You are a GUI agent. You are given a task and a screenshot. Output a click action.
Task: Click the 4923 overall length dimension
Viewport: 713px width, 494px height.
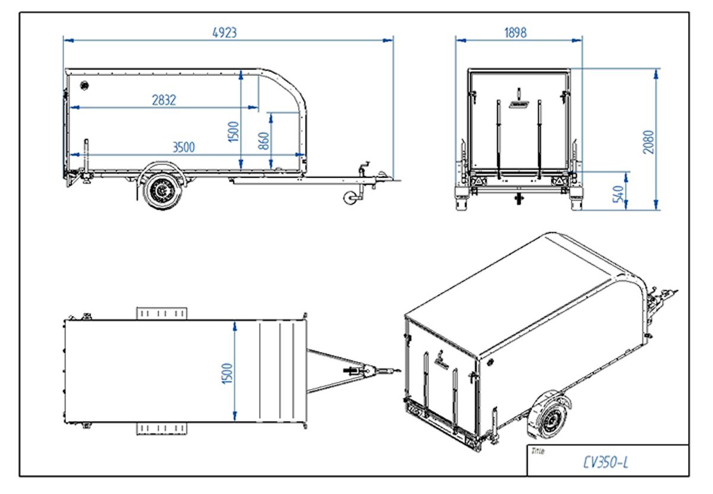[225, 33]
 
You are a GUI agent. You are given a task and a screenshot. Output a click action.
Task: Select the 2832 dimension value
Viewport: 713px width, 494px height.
[163, 100]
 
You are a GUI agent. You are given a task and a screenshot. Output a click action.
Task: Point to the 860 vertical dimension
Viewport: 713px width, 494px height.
[264, 141]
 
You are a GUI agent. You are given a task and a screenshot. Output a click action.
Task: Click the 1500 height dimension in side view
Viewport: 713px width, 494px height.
[233, 131]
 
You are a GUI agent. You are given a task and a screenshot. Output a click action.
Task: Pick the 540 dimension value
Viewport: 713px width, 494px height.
[618, 194]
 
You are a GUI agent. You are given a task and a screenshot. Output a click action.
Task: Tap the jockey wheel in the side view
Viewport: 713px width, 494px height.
[351, 197]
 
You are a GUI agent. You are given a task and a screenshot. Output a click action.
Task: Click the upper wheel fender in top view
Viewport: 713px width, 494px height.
[162, 313]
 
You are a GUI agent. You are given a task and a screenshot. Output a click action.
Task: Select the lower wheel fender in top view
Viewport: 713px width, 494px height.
[162, 428]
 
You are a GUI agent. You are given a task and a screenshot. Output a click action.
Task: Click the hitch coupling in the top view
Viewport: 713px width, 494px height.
[370, 372]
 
